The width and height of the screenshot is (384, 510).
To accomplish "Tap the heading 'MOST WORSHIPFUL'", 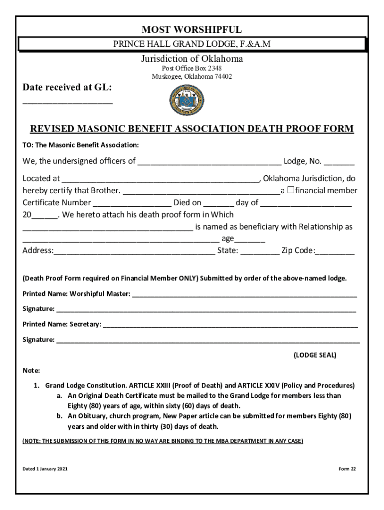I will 192,30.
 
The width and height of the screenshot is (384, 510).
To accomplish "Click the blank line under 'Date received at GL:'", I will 68,102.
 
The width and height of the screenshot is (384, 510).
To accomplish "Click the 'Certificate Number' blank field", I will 132,203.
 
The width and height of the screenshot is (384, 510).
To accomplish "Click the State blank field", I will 260,252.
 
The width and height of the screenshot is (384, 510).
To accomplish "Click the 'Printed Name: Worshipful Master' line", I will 244,294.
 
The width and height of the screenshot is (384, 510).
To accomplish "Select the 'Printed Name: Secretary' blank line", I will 230,325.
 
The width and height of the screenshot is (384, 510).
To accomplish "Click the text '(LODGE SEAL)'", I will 315,355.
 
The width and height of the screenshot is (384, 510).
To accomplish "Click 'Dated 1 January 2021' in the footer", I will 45,469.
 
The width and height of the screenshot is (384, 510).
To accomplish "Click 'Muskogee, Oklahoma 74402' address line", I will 192,77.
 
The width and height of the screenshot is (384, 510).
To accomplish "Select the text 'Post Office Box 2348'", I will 192,68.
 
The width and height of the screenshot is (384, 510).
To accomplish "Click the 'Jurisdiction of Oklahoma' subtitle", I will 192,59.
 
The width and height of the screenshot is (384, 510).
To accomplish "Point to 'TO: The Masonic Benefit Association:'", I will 80,145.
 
